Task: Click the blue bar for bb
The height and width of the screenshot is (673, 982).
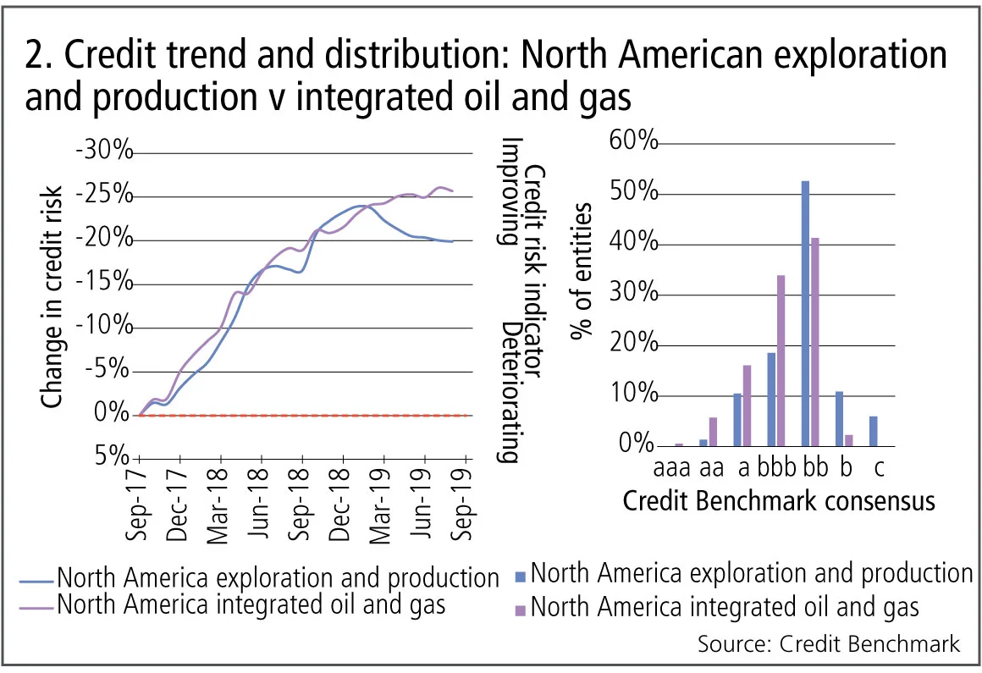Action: pyautogui.click(x=805, y=313)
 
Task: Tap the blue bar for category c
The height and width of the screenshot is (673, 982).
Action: pyautogui.click(x=874, y=431)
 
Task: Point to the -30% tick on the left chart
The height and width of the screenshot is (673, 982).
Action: pyautogui.click(x=104, y=153)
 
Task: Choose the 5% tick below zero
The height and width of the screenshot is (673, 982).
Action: pyautogui.click(x=113, y=458)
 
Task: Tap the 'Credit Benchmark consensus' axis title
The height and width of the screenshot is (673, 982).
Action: pyautogui.click(x=779, y=501)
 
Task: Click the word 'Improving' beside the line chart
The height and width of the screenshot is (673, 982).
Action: pyautogui.click(x=507, y=190)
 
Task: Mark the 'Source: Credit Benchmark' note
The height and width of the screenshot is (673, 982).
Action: pyautogui.click(x=829, y=643)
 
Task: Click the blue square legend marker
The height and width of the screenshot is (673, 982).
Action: pyautogui.click(x=521, y=576)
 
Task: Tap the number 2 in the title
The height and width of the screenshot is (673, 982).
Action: pyautogui.click(x=37, y=56)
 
